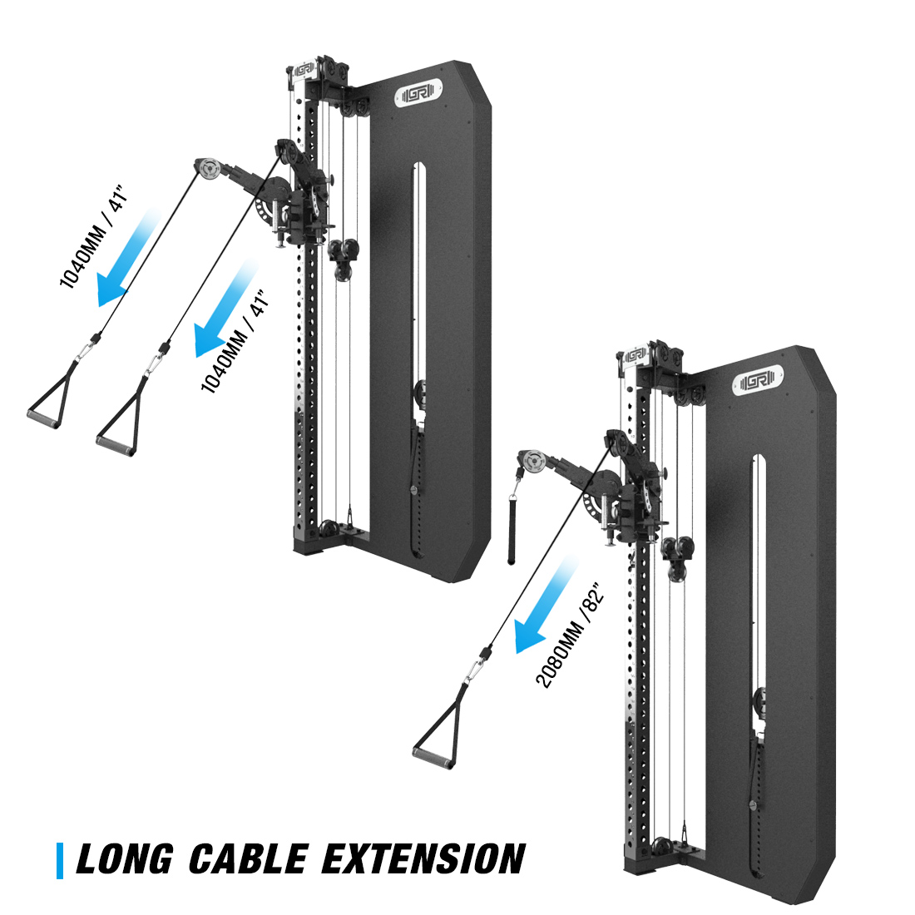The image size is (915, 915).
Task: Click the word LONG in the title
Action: (125, 859)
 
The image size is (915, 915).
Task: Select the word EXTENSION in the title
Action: (423, 859)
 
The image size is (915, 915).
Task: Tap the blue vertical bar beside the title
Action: (60, 860)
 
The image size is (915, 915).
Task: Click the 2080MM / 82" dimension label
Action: (567, 636)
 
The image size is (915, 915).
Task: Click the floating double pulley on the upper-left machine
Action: (342, 251)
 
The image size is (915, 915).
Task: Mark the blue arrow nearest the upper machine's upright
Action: (223, 309)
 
